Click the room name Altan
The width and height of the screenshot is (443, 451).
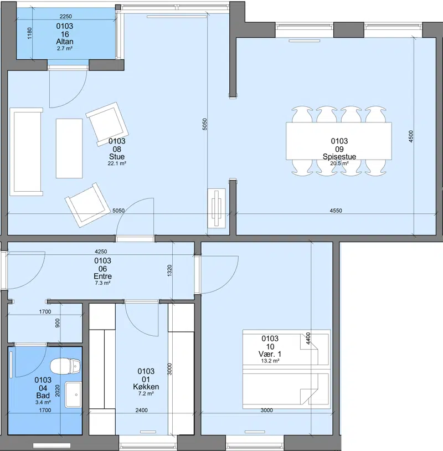pyautogui.click(x=65, y=42)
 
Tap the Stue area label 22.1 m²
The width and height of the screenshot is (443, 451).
pyautogui.click(x=117, y=163)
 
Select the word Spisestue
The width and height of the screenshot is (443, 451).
pyautogui.click(x=339, y=156)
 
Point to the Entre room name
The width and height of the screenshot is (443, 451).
pyautogui.click(x=102, y=276)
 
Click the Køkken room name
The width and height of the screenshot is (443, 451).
pyautogui.click(x=146, y=387)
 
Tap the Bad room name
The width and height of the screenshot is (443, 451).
pyautogui.click(x=43, y=396)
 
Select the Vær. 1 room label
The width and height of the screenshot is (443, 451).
pyautogui.click(x=270, y=354)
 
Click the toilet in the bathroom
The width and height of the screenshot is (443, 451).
pyautogui.click(x=65, y=366)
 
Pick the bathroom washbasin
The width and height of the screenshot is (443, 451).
pyautogui.click(x=73, y=394)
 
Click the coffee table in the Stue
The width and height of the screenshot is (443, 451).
pyautogui.click(x=69, y=148)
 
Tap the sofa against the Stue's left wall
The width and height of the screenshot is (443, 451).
pyautogui.click(x=26, y=152)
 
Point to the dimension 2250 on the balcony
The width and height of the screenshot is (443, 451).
pyautogui.click(x=65, y=17)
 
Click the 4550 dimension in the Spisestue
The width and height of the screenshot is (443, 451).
pyautogui.click(x=336, y=211)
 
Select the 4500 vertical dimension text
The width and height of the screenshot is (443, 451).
pyautogui.click(x=411, y=136)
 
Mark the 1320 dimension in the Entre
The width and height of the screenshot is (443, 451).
pyautogui.click(x=169, y=271)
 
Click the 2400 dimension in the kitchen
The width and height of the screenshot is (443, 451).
pyautogui.click(x=141, y=410)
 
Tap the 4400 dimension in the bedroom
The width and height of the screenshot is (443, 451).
pyautogui.click(x=308, y=339)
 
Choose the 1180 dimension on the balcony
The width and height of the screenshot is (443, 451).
pyautogui.click(x=29, y=33)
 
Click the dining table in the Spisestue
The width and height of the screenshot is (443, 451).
pyautogui.click(x=339, y=141)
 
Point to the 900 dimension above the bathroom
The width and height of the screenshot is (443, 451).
pyautogui.click(x=58, y=323)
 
